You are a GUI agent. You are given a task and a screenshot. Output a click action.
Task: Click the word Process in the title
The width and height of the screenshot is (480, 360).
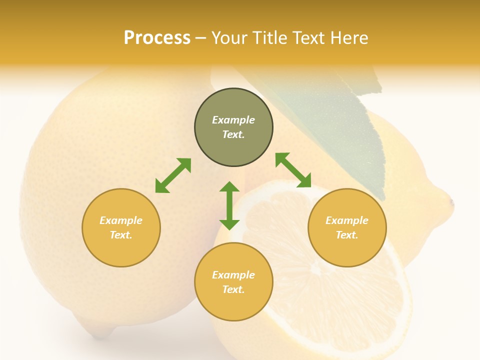click(x=157, y=38)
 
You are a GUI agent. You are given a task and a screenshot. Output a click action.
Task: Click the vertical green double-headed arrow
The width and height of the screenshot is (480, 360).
click(x=229, y=205)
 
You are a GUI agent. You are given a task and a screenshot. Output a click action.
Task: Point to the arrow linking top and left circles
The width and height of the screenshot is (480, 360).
click(x=173, y=175)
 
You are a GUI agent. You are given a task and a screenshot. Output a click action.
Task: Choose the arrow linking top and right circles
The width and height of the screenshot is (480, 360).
click(x=293, y=170)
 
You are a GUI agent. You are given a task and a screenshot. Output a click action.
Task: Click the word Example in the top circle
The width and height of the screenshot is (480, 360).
click(x=233, y=120)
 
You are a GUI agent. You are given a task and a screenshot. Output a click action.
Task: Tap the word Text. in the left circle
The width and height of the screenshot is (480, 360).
click(x=121, y=235)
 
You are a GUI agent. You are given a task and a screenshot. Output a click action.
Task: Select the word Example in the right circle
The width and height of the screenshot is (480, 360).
click(x=347, y=220)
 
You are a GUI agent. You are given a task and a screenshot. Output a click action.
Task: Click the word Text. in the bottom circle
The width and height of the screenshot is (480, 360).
click(x=233, y=289)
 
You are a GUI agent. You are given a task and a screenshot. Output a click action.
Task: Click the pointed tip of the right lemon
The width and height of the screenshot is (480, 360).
click(x=451, y=202)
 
